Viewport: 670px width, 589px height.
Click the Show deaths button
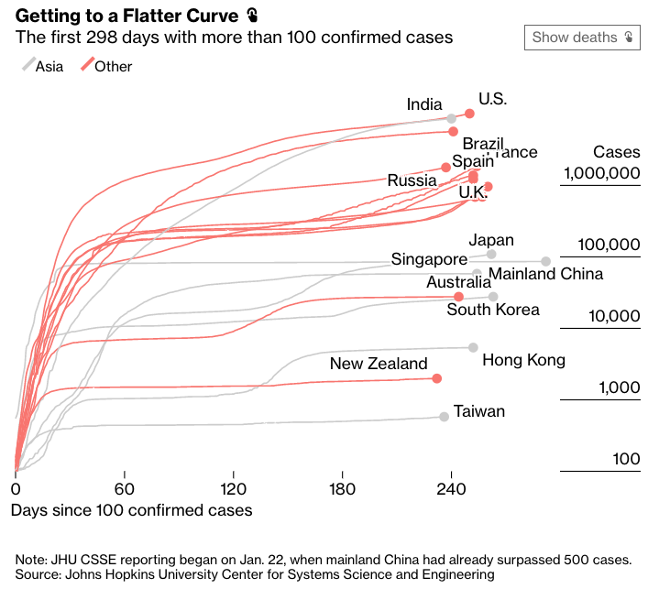(x=582, y=38)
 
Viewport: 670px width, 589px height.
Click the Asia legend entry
(x=43, y=66)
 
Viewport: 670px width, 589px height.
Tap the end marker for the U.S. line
(x=470, y=114)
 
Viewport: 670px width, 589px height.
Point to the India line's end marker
(x=452, y=118)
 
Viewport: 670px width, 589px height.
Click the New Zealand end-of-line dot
(x=436, y=378)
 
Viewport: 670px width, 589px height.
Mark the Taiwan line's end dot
(x=445, y=417)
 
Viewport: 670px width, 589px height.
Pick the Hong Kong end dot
(x=473, y=347)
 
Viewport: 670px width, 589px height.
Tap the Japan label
(x=491, y=240)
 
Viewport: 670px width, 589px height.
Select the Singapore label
(x=429, y=259)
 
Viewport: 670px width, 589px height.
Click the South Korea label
(x=493, y=310)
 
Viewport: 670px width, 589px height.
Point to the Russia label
(x=412, y=180)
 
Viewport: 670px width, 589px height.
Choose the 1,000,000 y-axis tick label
(x=599, y=173)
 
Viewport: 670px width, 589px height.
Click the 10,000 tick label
(x=613, y=316)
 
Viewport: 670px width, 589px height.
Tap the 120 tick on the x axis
(x=234, y=488)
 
